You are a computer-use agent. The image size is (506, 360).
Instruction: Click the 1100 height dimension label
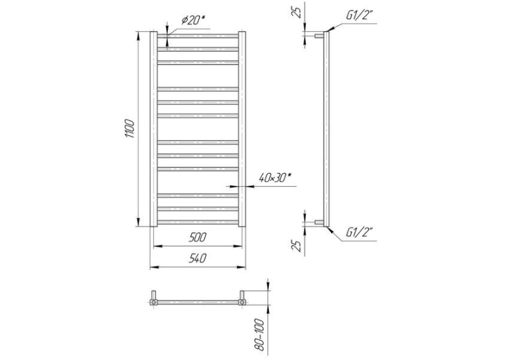[129, 129]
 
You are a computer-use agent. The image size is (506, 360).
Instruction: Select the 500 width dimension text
[198, 237]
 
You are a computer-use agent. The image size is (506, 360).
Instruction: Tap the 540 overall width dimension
[198, 258]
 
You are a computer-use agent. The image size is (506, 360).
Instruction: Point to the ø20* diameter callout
[194, 21]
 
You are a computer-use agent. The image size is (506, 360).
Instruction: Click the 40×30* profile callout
[275, 178]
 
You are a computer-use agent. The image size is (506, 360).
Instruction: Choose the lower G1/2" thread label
[359, 232]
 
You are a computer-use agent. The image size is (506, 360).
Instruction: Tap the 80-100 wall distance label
[260, 335]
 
